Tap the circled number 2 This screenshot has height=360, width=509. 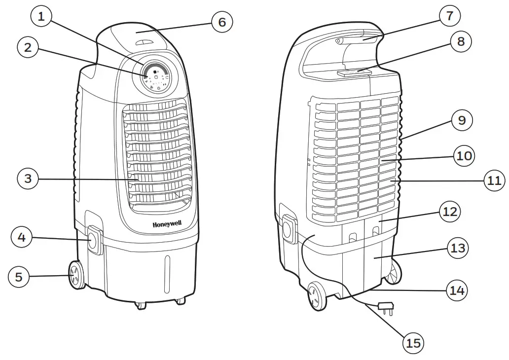tap(28, 47)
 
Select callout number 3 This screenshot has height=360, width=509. tap(28, 179)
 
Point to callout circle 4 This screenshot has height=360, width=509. tap(22, 237)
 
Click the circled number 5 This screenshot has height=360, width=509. tap(19, 277)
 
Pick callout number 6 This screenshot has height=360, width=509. tap(222, 22)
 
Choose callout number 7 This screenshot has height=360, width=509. tap(449, 16)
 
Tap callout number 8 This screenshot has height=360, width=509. tap(461, 42)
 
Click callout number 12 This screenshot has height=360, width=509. tap(450, 213)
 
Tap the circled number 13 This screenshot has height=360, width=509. tap(458, 248)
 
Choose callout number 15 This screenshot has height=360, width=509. tap(413, 342)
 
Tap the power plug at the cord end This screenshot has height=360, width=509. tap(385, 307)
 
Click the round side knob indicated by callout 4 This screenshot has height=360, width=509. tap(92, 241)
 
